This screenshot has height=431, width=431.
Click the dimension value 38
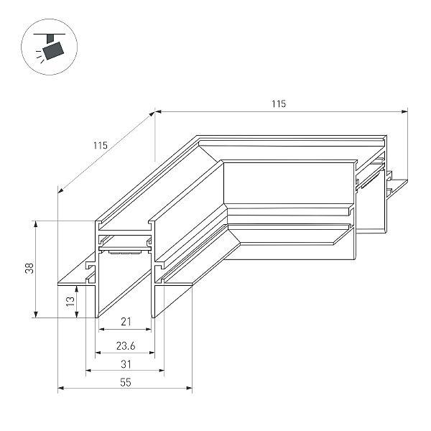(29, 268)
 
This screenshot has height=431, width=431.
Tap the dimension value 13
(70, 301)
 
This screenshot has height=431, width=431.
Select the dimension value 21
(126, 322)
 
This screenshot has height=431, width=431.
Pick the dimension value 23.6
(126, 346)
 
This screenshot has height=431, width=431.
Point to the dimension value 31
(126, 364)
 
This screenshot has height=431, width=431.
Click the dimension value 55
(126, 382)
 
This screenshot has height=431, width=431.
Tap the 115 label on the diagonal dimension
(101, 145)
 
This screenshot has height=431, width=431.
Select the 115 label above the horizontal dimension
(279, 103)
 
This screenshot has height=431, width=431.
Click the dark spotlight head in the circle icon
(54, 50)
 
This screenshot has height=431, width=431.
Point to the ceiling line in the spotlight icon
(50, 34)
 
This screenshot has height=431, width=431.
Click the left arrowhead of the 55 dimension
(61, 388)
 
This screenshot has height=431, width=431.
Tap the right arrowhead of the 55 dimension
(189, 388)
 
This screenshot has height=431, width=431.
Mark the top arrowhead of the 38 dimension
(35, 223)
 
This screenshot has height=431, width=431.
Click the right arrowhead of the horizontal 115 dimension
(404, 111)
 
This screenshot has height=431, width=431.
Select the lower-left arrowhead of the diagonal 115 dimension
(61, 190)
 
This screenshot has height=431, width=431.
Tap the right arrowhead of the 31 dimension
(162, 371)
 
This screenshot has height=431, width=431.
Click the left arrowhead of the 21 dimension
(101, 329)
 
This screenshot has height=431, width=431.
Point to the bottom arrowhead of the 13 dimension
(77, 315)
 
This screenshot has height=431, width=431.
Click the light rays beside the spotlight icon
(40, 56)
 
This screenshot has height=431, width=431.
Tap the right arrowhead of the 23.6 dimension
(152, 353)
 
